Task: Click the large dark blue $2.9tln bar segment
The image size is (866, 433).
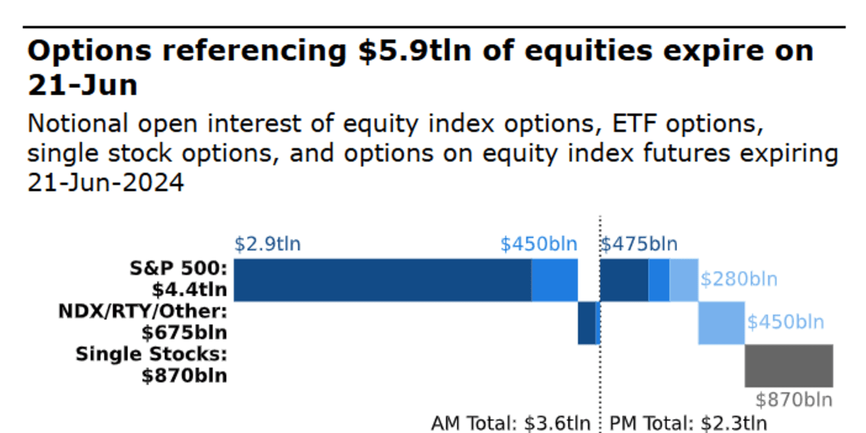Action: [x=382, y=279]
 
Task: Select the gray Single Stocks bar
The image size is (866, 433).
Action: [x=789, y=365]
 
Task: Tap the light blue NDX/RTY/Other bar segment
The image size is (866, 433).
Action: [x=721, y=323]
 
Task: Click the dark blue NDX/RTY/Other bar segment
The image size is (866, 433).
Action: [x=586, y=323]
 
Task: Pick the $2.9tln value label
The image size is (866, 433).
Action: [x=267, y=244]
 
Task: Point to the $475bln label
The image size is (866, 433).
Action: [x=639, y=244]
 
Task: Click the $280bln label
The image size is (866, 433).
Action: [x=738, y=279]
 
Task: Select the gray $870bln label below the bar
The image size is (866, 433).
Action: [x=794, y=400]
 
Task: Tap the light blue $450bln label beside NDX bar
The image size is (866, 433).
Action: [x=785, y=321]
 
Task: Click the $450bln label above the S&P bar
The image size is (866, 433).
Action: [x=539, y=244]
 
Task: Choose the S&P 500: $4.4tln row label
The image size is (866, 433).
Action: [x=178, y=279]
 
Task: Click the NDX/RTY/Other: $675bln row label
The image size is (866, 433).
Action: [x=142, y=322]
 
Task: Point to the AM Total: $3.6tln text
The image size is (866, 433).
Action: [x=511, y=424]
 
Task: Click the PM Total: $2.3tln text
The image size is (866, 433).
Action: [x=688, y=424]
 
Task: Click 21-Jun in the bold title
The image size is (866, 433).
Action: [x=83, y=85]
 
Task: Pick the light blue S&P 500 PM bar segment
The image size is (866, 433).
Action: [x=683, y=279]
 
